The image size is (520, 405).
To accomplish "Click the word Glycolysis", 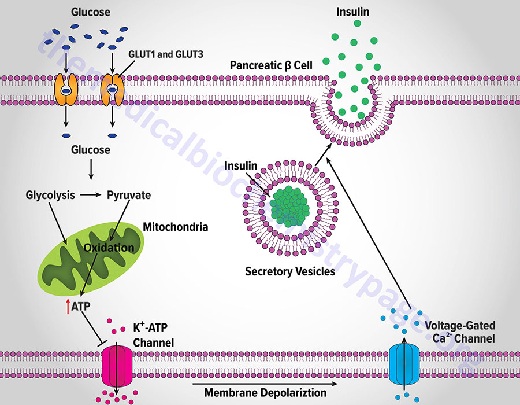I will tap(50, 195).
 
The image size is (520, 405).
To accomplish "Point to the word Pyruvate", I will tap(129, 195).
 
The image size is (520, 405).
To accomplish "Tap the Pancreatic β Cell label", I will tap(271, 65).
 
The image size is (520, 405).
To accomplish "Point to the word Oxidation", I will tap(109, 247).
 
